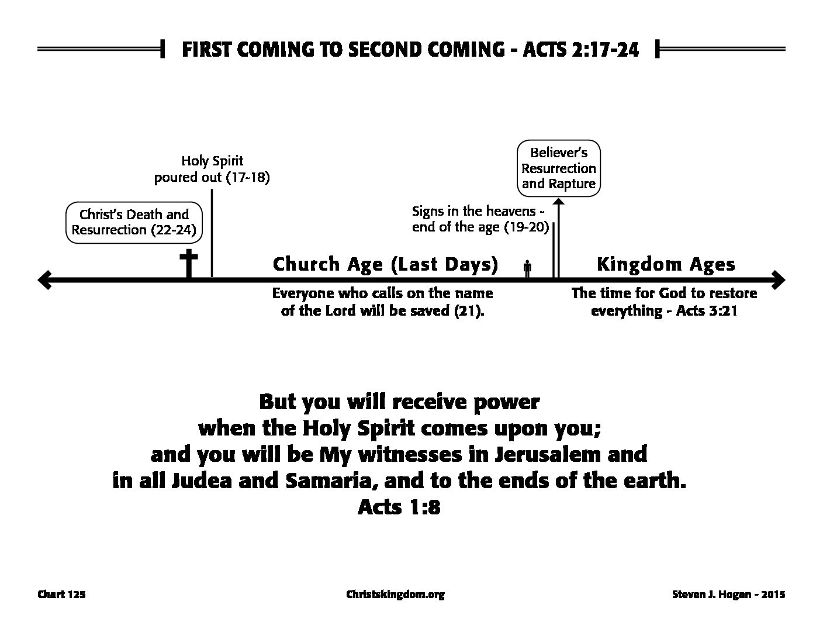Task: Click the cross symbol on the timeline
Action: tap(189, 263)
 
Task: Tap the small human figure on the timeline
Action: tap(527, 268)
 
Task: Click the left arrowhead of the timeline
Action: tap(44, 280)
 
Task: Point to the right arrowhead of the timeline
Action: tap(778, 280)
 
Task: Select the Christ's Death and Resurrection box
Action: tap(134, 222)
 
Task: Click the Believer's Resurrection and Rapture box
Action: tap(559, 168)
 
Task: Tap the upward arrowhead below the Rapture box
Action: tap(559, 202)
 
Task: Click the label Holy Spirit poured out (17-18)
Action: tap(212, 169)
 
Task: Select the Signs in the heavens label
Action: tap(480, 219)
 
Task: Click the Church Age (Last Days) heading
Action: tap(385, 264)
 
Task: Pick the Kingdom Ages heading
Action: tap(666, 264)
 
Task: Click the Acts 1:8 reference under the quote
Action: tap(399, 507)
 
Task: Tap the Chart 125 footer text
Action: tap(62, 594)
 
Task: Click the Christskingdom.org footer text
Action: tap(395, 594)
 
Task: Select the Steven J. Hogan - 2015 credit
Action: tap(729, 594)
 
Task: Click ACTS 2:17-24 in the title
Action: tap(581, 50)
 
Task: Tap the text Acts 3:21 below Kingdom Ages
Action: tap(707, 310)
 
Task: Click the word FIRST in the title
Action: tap(206, 50)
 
